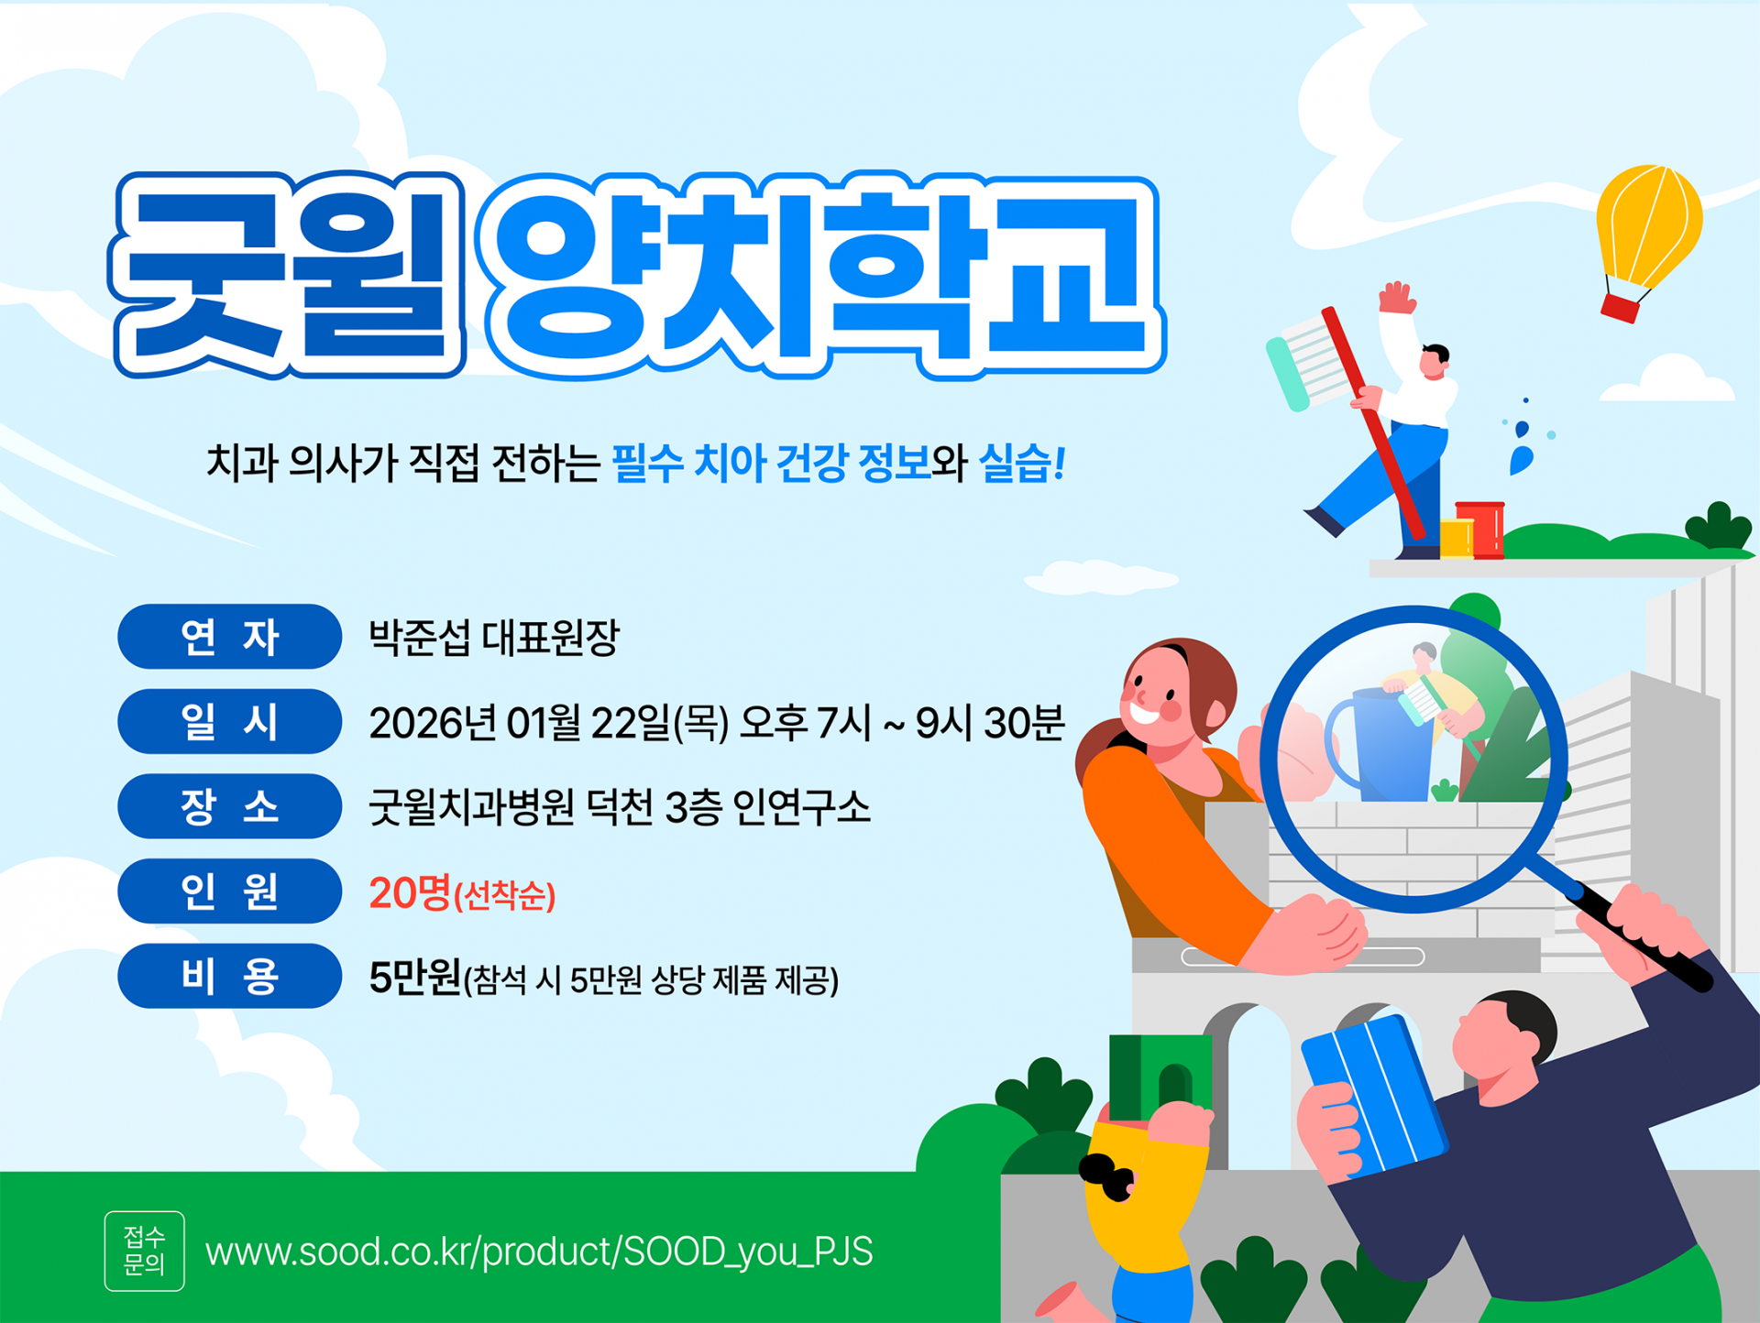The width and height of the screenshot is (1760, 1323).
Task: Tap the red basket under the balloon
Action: pyautogui.click(x=1620, y=307)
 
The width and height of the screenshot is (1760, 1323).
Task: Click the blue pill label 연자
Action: pyautogui.click(x=229, y=637)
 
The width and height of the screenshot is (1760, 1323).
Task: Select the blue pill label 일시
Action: pyautogui.click(x=229, y=722)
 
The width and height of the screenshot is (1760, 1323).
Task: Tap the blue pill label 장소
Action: pyautogui.click(x=229, y=806)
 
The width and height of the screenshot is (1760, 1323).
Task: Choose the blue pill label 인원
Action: pyautogui.click(x=229, y=891)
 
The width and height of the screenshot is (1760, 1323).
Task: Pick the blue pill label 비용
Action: pyautogui.click(x=229, y=976)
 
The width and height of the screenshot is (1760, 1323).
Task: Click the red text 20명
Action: pyautogui.click(x=410, y=892)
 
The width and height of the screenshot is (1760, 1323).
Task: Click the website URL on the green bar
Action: pyautogui.click(x=539, y=1252)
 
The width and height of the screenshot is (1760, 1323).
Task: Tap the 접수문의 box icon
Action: pyautogui.click(x=145, y=1252)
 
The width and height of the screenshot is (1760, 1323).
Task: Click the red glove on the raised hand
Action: pyautogui.click(x=1397, y=298)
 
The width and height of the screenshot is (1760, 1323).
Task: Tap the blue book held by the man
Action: pyautogui.click(x=1372, y=1095)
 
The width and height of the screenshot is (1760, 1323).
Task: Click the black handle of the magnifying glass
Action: pyautogui.click(x=1641, y=939)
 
